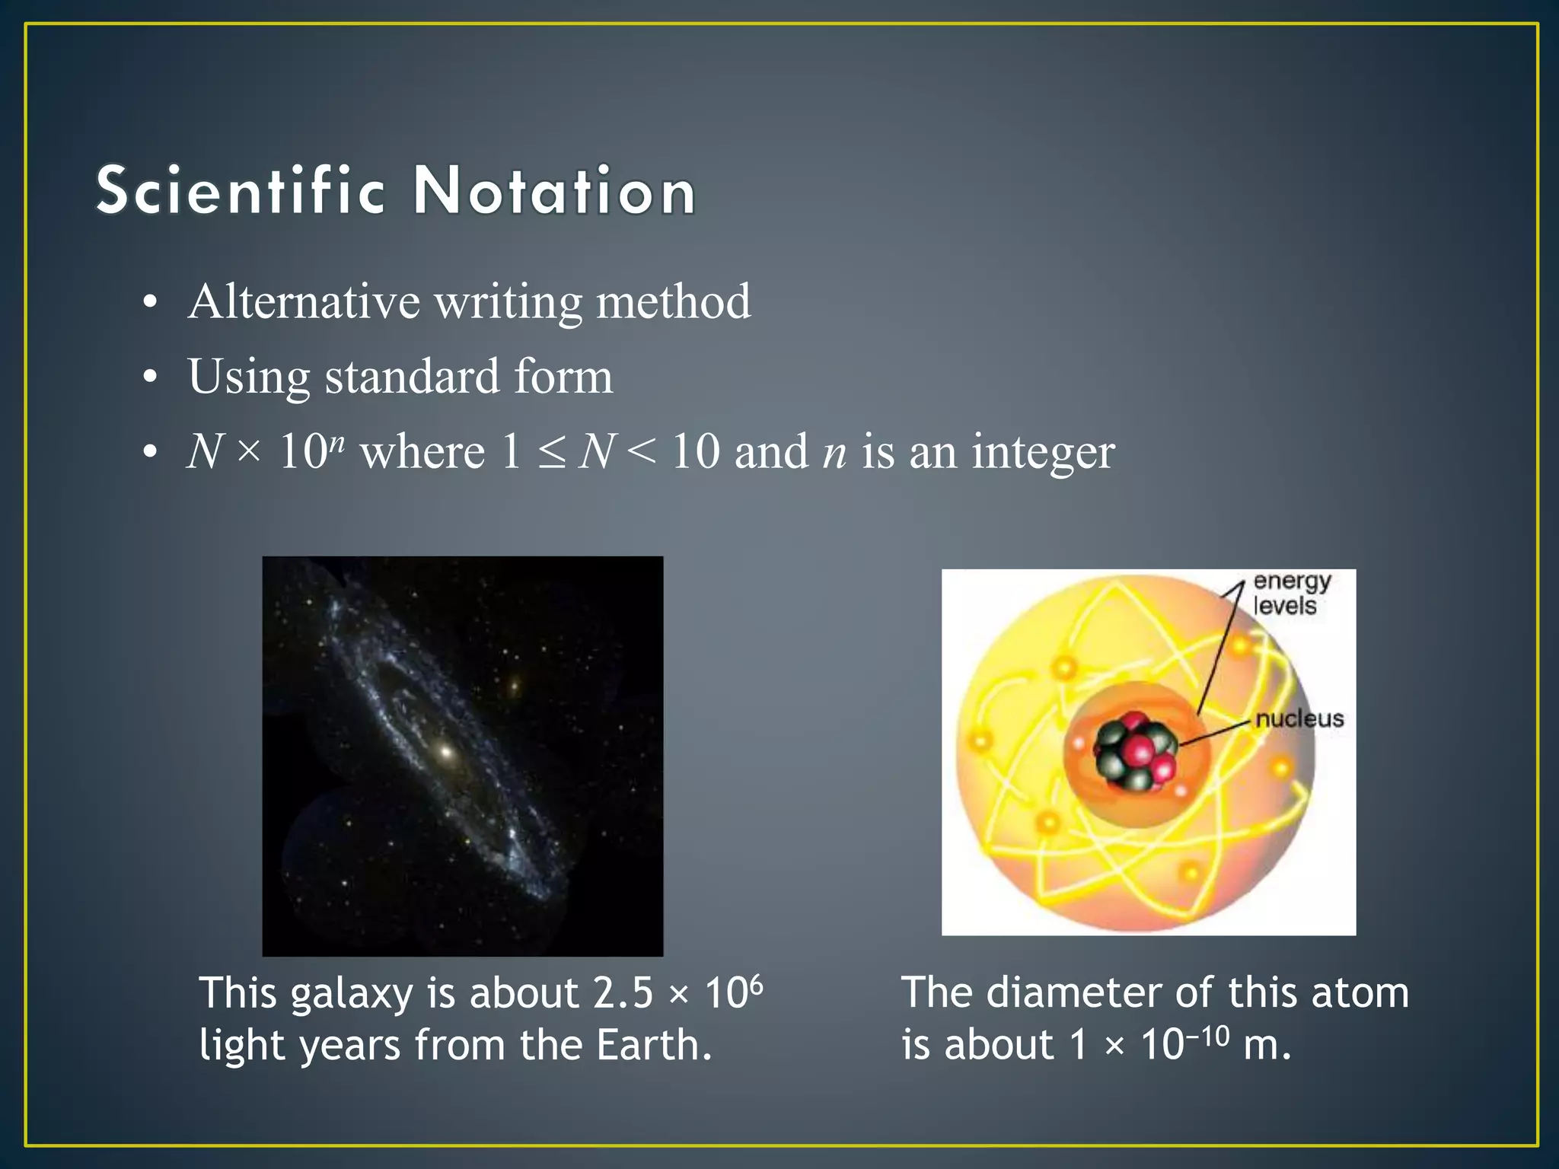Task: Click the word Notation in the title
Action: coord(554,190)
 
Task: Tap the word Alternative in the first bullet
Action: coord(304,302)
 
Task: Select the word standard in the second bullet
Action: coord(413,377)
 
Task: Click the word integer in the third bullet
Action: coord(1043,452)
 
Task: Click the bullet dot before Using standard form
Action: coord(151,377)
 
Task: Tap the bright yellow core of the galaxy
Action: coord(446,752)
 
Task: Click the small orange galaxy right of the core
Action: coord(514,686)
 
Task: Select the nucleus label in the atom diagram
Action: coord(1299,718)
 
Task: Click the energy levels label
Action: coord(1291,593)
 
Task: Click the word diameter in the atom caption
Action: coord(1074,993)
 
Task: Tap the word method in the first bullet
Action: coord(673,302)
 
